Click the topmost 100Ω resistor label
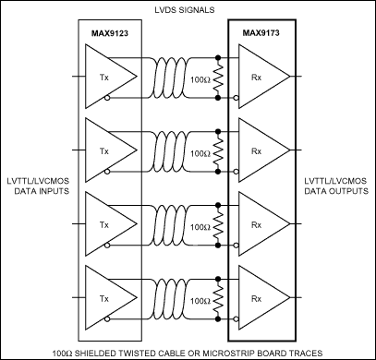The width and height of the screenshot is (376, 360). point(199,81)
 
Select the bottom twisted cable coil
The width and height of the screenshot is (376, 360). point(170,294)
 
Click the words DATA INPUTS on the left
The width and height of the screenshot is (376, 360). point(39,190)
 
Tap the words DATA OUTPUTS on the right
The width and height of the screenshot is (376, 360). point(334,190)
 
